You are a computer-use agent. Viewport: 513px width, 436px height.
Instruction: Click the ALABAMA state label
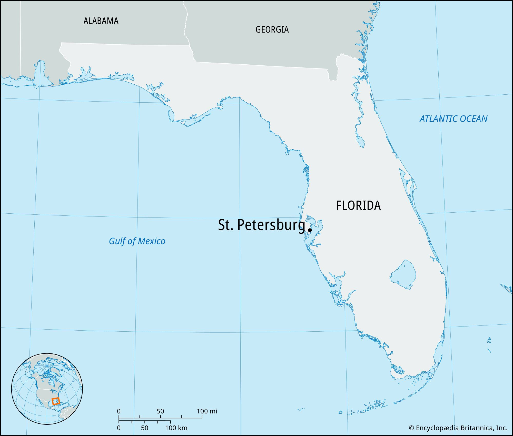pos(101,21)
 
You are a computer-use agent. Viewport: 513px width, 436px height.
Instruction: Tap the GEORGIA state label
pos(272,29)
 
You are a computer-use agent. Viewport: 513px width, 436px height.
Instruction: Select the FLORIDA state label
pos(358,205)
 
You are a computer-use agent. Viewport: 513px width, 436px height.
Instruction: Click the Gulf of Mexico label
pos(137,241)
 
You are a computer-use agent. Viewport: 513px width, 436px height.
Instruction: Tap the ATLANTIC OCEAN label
pos(453,119)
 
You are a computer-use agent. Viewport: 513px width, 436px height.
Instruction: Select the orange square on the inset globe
pos(56,401)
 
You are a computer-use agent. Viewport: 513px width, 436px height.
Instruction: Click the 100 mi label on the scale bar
pos(207,411)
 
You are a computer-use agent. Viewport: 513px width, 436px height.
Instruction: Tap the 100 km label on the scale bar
pos(176,428)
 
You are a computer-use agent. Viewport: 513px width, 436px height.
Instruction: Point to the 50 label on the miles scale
pos(160,411)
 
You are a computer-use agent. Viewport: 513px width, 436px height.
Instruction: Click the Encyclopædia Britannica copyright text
pos(458,428)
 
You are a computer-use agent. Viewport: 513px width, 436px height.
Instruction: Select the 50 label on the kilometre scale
pos(144,428)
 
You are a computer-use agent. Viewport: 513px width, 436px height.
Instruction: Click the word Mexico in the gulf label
pos(152,241)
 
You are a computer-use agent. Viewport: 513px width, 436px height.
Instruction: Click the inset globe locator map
pos(47,389)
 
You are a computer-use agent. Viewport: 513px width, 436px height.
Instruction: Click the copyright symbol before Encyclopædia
pos(411,428)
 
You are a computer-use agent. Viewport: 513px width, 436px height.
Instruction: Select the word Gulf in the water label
pos(115,241)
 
